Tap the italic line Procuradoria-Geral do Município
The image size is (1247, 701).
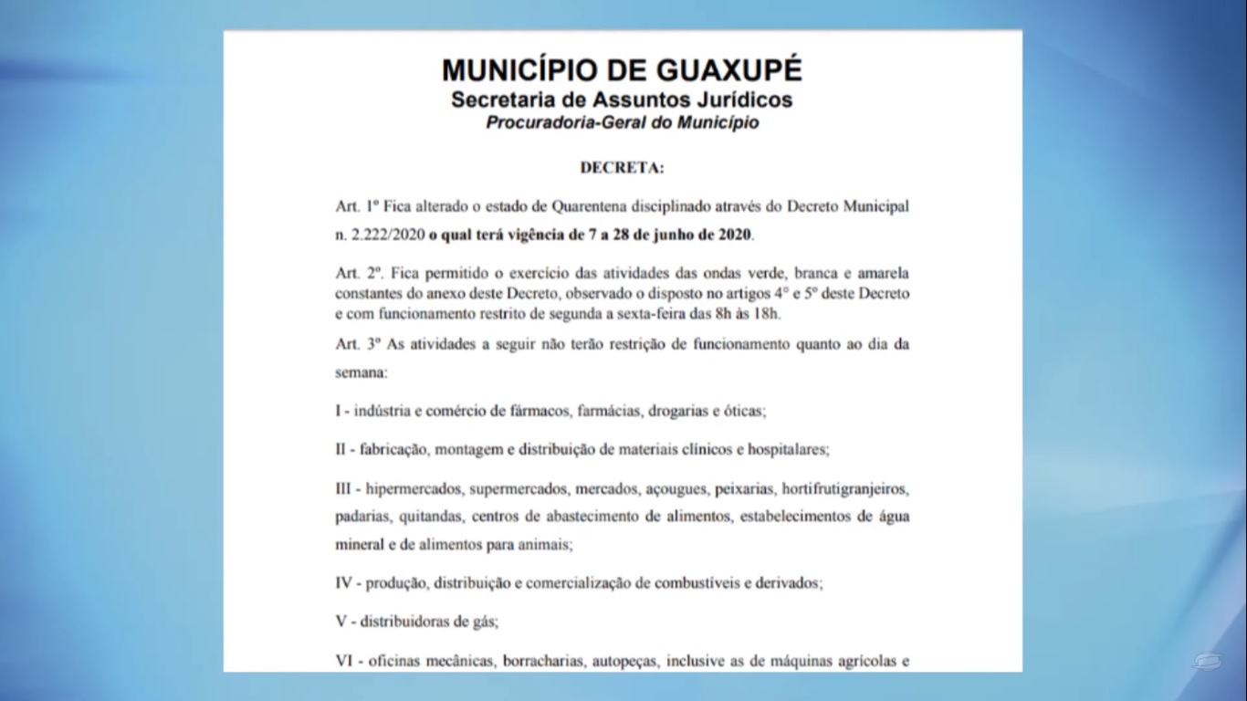click(622, 121)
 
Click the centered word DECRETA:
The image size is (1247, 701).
click(622, 168)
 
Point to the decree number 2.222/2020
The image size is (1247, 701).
click(388, 235)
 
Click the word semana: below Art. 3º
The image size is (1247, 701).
click(361, 373)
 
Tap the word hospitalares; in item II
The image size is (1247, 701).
click(788, 449)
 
